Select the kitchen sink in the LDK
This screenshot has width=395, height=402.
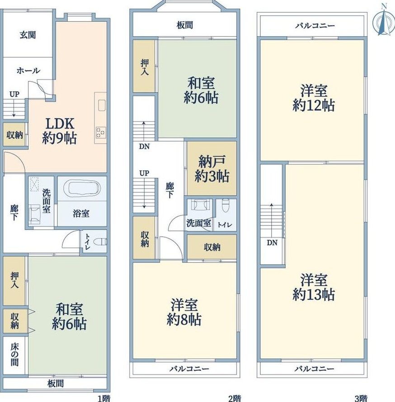pyautogui.click(x=102, y=106)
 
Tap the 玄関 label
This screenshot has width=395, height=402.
pyautogui.click(x=28, y=35)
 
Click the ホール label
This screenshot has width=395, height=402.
pyautogui.click(x=28, y=70)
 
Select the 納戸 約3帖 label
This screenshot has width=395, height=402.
pyautogui.click(x=212, y=168)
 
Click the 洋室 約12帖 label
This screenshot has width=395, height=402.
pyautogui.click(x=314, y=98)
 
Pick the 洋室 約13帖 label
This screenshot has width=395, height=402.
pyautogui.click(x=314, y=287)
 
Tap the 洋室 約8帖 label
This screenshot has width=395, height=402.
pyautogui.click(x=184, y=312)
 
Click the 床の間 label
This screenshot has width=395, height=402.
pyautogui.click(x=14, y=355)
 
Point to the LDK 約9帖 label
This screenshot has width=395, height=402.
pyautogui.click(x=60, y=131)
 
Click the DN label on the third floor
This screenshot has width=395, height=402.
pyautogui.click(x=272, y=243)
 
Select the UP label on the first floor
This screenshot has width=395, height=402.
pyautogui.click(x=14, y=94)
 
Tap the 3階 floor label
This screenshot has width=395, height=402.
pyautogui.click(x=361, y=398)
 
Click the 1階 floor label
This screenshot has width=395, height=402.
pyautogui.click(x=104, y=398)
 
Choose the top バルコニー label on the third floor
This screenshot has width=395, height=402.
pyautogui.click(x=315, y=26)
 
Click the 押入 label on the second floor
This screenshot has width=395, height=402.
pyautogui.click(x=145, y=67)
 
